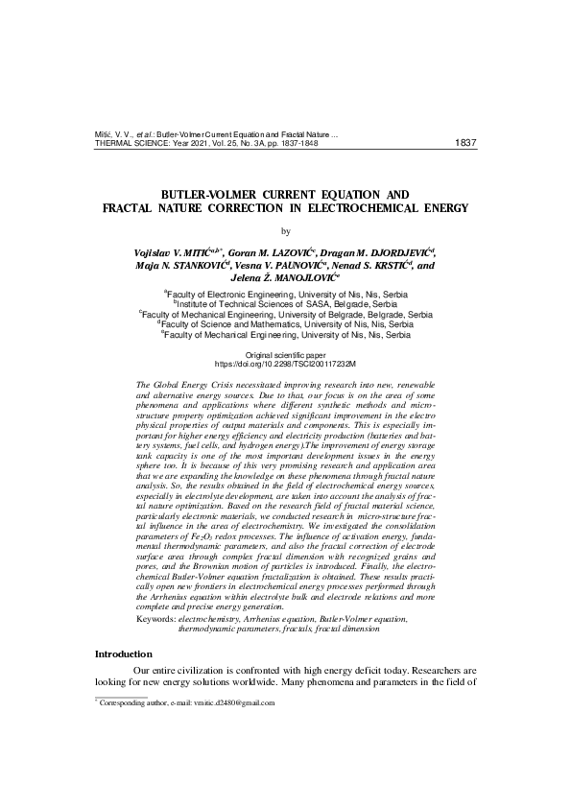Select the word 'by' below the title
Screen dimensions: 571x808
click(285, 230)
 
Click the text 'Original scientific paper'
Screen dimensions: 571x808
click(285, 355)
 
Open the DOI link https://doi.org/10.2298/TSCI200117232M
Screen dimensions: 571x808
click(285, 365)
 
